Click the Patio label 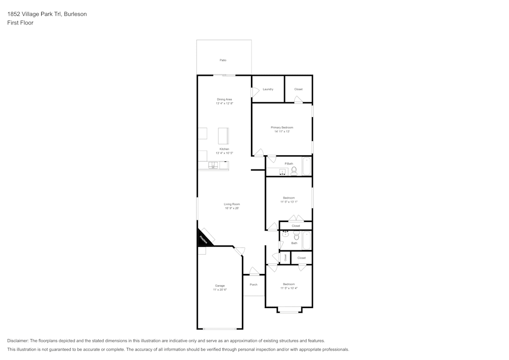click(223, 60)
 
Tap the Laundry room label click(268, 89)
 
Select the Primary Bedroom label click(281, 127)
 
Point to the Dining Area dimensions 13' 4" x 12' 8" click(224, 103)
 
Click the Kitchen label click(224, 149)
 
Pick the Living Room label click(232, 204)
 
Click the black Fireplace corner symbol click(203, 238)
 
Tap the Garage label click(220, 286)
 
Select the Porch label click(253, 285)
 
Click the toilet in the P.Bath click(294, 171)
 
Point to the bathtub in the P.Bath click(306, 167)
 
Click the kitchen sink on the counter click(213, 165)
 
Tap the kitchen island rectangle click(223, 136)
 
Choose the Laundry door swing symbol click(254, 92)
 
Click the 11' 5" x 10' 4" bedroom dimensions click(289, 288)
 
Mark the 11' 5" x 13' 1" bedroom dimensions click(289, 202)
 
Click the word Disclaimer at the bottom click(18, 341)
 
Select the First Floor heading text click(20, 23)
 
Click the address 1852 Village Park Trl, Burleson click(47, 14)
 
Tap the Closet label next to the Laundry click(298, 89)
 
